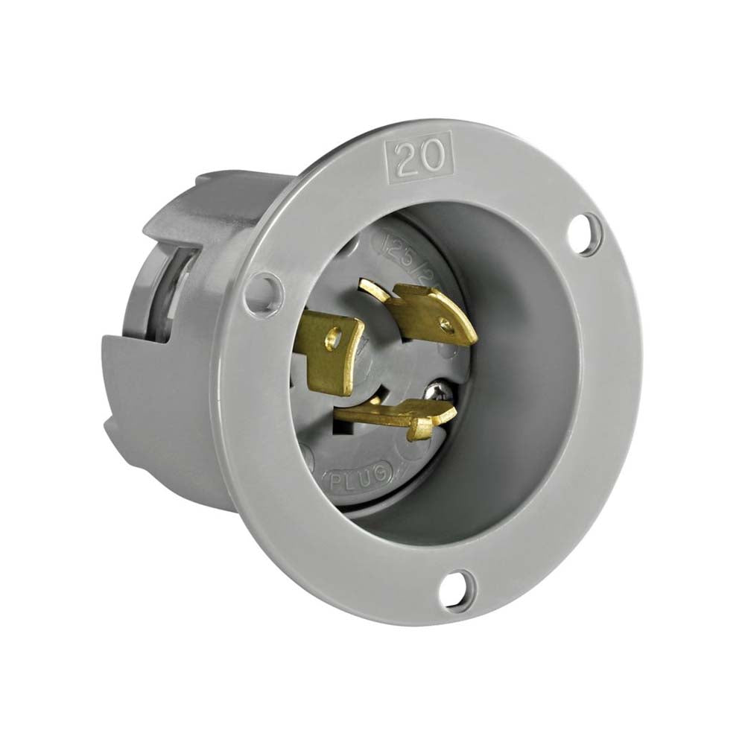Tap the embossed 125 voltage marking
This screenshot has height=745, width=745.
point(393,244)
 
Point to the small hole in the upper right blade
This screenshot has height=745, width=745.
point(445,323)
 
